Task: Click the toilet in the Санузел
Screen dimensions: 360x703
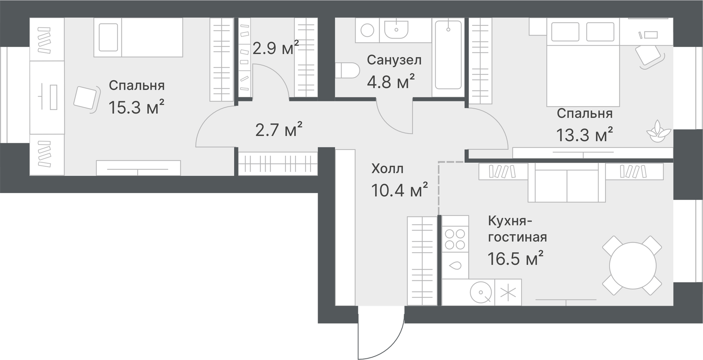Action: (347, 70)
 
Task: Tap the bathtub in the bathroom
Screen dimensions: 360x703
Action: (448, 55)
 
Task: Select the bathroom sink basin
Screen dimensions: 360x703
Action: (396, 30)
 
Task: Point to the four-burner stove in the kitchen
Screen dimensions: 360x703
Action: (455, 239)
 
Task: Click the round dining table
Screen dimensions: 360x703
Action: (632, 266)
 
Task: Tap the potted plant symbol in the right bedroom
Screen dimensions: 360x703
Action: (658, 132)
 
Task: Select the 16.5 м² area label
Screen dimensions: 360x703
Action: (515, 258)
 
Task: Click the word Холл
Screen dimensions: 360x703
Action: (387, 169)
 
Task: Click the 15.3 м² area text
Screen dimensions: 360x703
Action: (136, 107)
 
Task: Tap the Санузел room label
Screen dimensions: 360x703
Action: (394, 60)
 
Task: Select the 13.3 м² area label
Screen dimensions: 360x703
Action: (584, 135)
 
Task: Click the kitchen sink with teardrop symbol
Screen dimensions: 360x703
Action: (455, 265)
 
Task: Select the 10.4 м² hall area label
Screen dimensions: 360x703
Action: (399, 190)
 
